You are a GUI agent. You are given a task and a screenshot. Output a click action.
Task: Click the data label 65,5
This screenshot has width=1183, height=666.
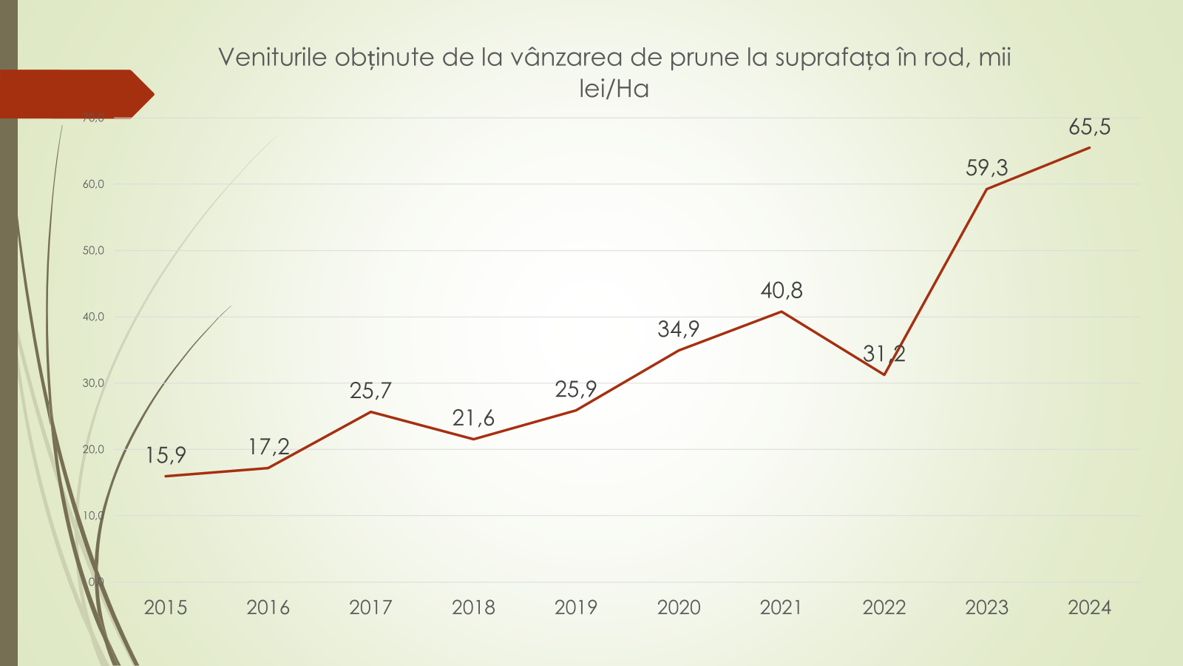pyautogui.click(x=1089, y=127)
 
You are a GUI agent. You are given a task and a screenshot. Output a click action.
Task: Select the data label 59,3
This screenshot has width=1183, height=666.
pyautogui.click(x=986, y=168)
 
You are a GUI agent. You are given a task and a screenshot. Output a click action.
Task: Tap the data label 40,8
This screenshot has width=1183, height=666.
pyautogui.click(x=782, y=291)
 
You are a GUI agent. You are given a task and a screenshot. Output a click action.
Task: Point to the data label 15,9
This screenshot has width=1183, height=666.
pyautogui.click(x=166, y=455)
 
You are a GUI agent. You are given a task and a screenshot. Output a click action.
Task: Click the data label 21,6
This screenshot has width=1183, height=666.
pyautogui.click(x=473, y=419)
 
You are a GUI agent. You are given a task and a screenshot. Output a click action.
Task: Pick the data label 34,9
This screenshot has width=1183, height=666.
pyautogui.click(x=678, y=329)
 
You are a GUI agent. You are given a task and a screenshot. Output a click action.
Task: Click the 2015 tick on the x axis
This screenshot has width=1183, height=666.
pyautogui.click(x=166, y=608)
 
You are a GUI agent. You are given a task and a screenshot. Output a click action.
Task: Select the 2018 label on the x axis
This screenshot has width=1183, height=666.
pyautogui.click(x=473, y=608)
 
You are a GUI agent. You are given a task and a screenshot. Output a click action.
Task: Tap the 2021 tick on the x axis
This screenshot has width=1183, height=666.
pyautogui.click(x=781, y=608)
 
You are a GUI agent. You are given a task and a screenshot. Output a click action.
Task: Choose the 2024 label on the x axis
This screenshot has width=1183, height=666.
pyautogui.click(x=1089, y=608)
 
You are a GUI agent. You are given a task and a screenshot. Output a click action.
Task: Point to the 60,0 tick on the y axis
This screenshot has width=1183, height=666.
pyautogui.click(x=93, y=184)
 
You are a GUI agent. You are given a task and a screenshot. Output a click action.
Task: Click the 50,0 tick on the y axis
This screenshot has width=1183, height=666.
pyautogui.click(x=93, y=251)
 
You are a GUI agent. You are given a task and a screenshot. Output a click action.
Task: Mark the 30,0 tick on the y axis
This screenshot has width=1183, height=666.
pyautogui.click(x=93, y=383)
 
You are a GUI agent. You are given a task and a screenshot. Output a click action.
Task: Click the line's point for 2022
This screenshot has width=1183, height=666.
pyautogui.click(x=884, y=374)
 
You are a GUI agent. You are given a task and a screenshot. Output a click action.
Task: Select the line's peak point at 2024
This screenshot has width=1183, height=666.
pyautogui.click(x=1089, y=147)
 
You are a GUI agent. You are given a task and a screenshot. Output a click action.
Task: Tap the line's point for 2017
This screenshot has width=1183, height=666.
pyautogui.click(x=370, y=411)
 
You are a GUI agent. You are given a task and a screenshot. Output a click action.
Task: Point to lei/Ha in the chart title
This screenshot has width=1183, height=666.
pyautogui.click(x=614, y=90)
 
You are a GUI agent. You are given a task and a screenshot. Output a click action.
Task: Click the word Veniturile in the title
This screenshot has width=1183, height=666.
pyautogui.click(x=272, y=58)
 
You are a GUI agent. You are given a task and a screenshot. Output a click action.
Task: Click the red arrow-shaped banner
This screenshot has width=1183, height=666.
pyautogui.click(x=74, y=94)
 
